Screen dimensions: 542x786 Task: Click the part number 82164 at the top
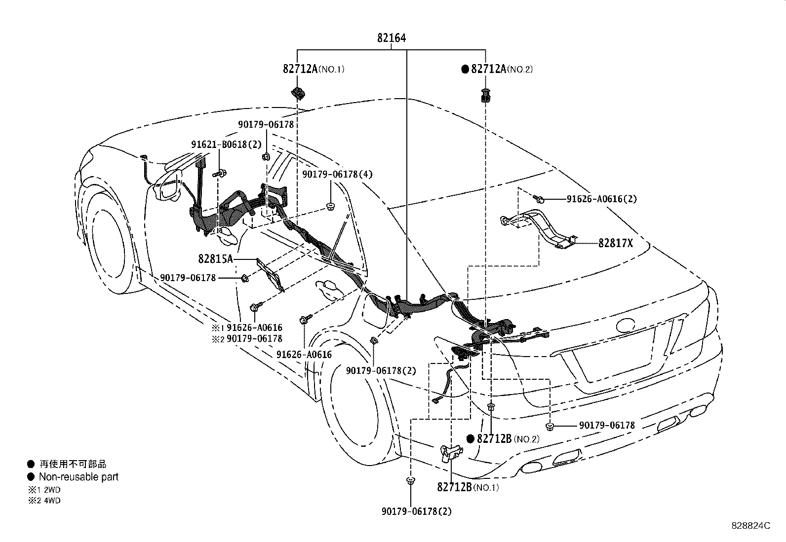point(392,38)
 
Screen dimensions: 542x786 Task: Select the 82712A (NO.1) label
point(313,69)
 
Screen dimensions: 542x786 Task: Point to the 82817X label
point(615,243)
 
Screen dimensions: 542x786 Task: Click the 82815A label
point(215,258)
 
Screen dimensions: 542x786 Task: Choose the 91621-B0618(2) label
point(226,144)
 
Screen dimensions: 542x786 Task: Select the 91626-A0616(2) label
point(601,199)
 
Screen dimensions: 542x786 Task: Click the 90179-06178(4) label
point(337,174)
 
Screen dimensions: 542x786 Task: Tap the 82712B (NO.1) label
point(468,487)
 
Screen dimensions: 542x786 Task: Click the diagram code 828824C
point(750,526)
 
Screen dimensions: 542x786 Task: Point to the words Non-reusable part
point(79,477)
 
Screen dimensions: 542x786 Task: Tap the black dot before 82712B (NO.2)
point(471,439)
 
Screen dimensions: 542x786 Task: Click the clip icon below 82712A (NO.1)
point(298,92)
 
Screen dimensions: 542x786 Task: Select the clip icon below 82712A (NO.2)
point(485,95)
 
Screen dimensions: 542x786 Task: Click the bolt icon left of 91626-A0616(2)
point(540,199)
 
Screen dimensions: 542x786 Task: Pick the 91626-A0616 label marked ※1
point(254,327)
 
